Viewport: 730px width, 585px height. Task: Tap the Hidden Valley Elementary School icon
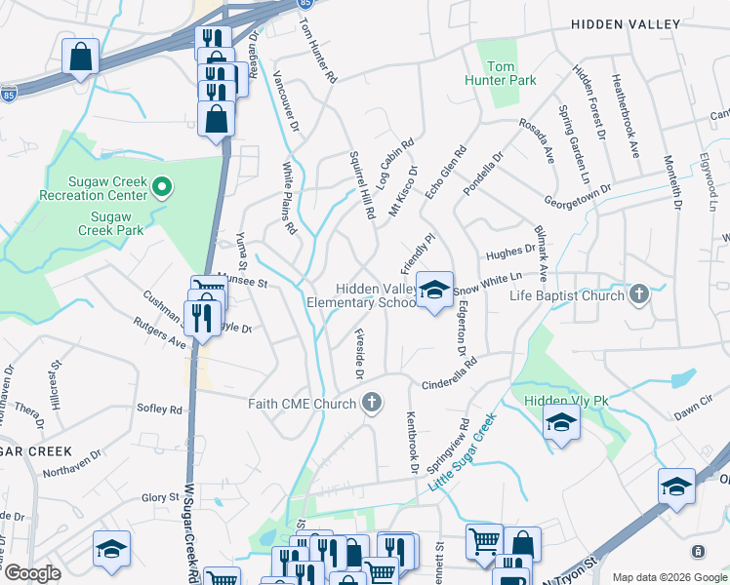coord(435,289)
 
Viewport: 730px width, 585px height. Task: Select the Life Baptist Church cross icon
coord(639,294)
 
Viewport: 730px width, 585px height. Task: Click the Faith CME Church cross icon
coord(371,402)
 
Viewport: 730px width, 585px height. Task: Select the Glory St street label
coord(154,497)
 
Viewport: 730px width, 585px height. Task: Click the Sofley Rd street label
coord(160,409)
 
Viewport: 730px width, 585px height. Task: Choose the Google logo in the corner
coord(32,573)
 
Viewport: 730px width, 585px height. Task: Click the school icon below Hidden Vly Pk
coord(562,423)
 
